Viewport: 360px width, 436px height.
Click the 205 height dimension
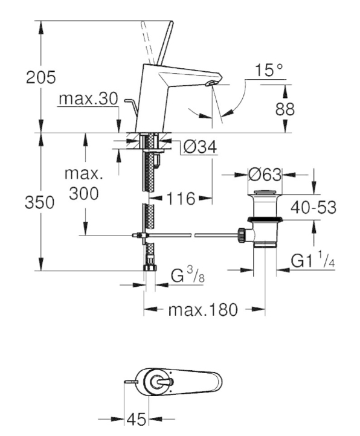point(41,77)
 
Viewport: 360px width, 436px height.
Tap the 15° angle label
point(269,70)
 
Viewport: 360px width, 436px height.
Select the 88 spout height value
point(285,109)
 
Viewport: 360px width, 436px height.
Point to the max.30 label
point(88,98)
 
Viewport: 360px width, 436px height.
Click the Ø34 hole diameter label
point(200,147)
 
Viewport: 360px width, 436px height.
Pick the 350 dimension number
point(39,202)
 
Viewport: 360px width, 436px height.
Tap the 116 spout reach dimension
point(181,199)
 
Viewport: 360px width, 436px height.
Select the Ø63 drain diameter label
point(265,175)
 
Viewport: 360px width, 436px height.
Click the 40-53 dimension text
point(313,207)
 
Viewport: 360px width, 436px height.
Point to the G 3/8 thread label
point(187,275)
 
